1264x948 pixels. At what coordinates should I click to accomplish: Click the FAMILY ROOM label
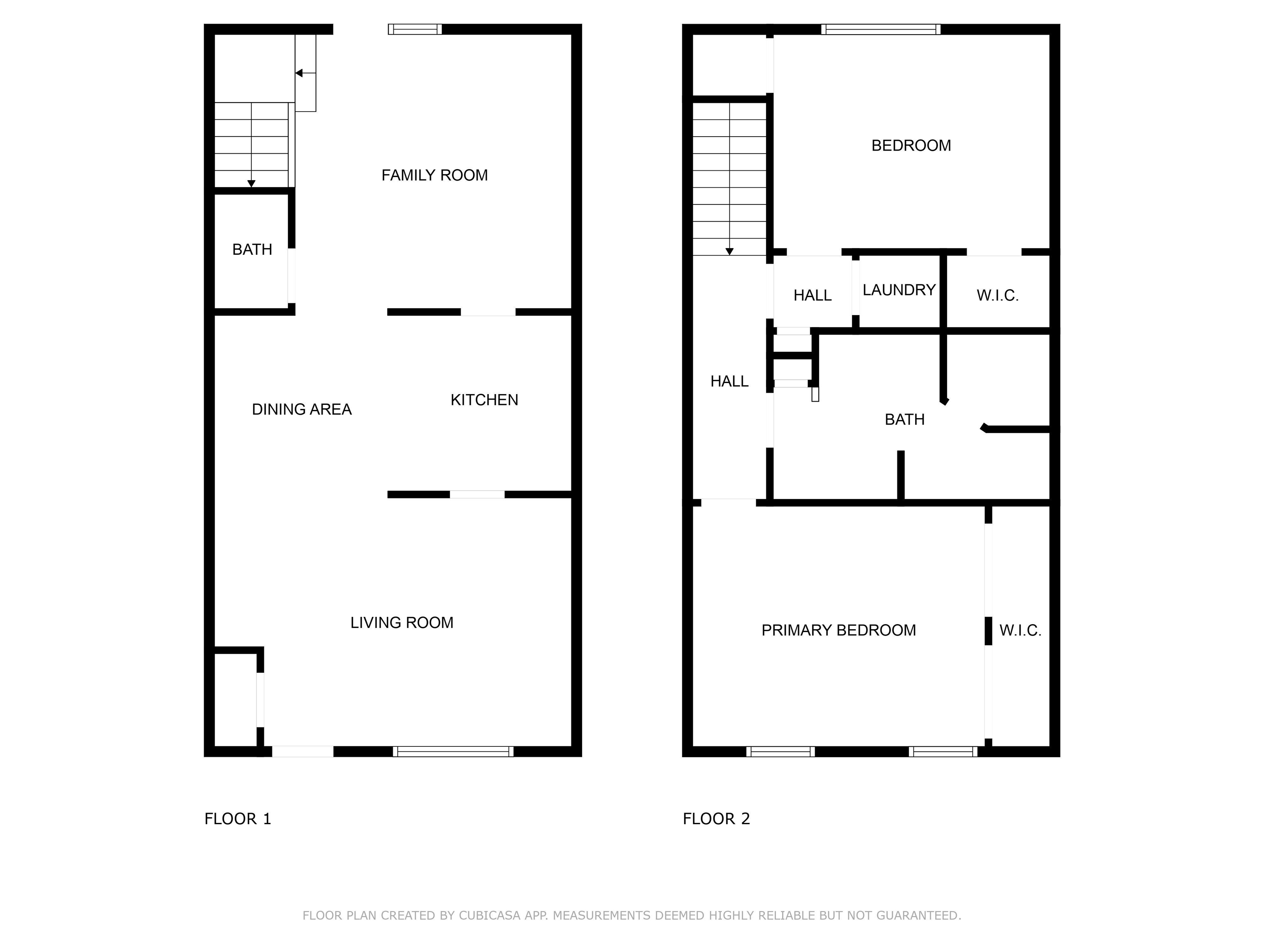pos(434,175)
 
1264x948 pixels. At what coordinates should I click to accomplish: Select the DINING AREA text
pos(302,409)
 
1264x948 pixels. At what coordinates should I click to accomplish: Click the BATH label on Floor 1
pos(252,249)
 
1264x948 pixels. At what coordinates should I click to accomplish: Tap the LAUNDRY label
pos(899,290)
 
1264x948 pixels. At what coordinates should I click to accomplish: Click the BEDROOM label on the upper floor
pos(911,146)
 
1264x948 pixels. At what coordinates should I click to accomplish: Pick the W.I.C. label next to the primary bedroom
pos(1020,630)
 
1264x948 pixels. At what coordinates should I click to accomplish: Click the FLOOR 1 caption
pos(238,819)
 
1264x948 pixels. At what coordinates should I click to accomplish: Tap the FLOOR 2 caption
pos(716,819)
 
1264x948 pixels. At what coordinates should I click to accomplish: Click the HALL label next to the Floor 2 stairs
pos(729,381)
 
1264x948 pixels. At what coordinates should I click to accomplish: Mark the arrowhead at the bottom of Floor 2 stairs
pos(729,251)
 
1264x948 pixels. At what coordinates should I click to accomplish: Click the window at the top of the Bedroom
pos(881,29)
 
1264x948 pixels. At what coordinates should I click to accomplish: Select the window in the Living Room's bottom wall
pos(453,751)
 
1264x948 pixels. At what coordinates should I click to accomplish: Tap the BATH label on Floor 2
pos(904,419)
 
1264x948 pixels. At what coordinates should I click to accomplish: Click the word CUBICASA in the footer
pos(489,915)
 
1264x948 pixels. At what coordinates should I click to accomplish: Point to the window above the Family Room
pos(415,29)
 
